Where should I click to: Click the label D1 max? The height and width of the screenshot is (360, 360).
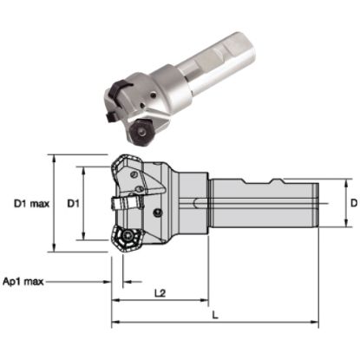point(30,205)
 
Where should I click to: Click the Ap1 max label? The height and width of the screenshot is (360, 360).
point(23,282)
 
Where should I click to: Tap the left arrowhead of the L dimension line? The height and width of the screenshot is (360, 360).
point(115,323)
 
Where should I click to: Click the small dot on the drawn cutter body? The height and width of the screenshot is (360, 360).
point(157,212)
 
